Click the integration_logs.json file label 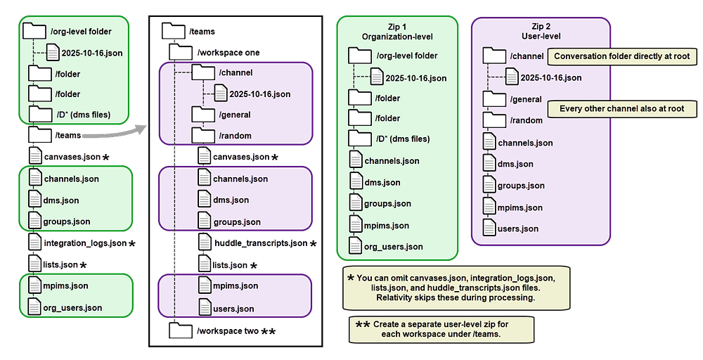[x=85, y=243]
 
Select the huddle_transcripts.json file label [x=260, y=243]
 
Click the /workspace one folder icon [x=181, y=52]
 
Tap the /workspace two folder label [x=228, y=330]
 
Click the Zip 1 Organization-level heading [x=396, y=31]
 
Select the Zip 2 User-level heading [x=539, y=31]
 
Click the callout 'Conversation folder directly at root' [x=621, y=57]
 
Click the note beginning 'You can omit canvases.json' [x=456, y=288]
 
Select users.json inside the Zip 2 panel [x=517, y=229]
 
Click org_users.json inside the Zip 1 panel [x=393, y=247]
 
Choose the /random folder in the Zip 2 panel [x=527, y=120]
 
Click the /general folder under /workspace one [x=234, y=115]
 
